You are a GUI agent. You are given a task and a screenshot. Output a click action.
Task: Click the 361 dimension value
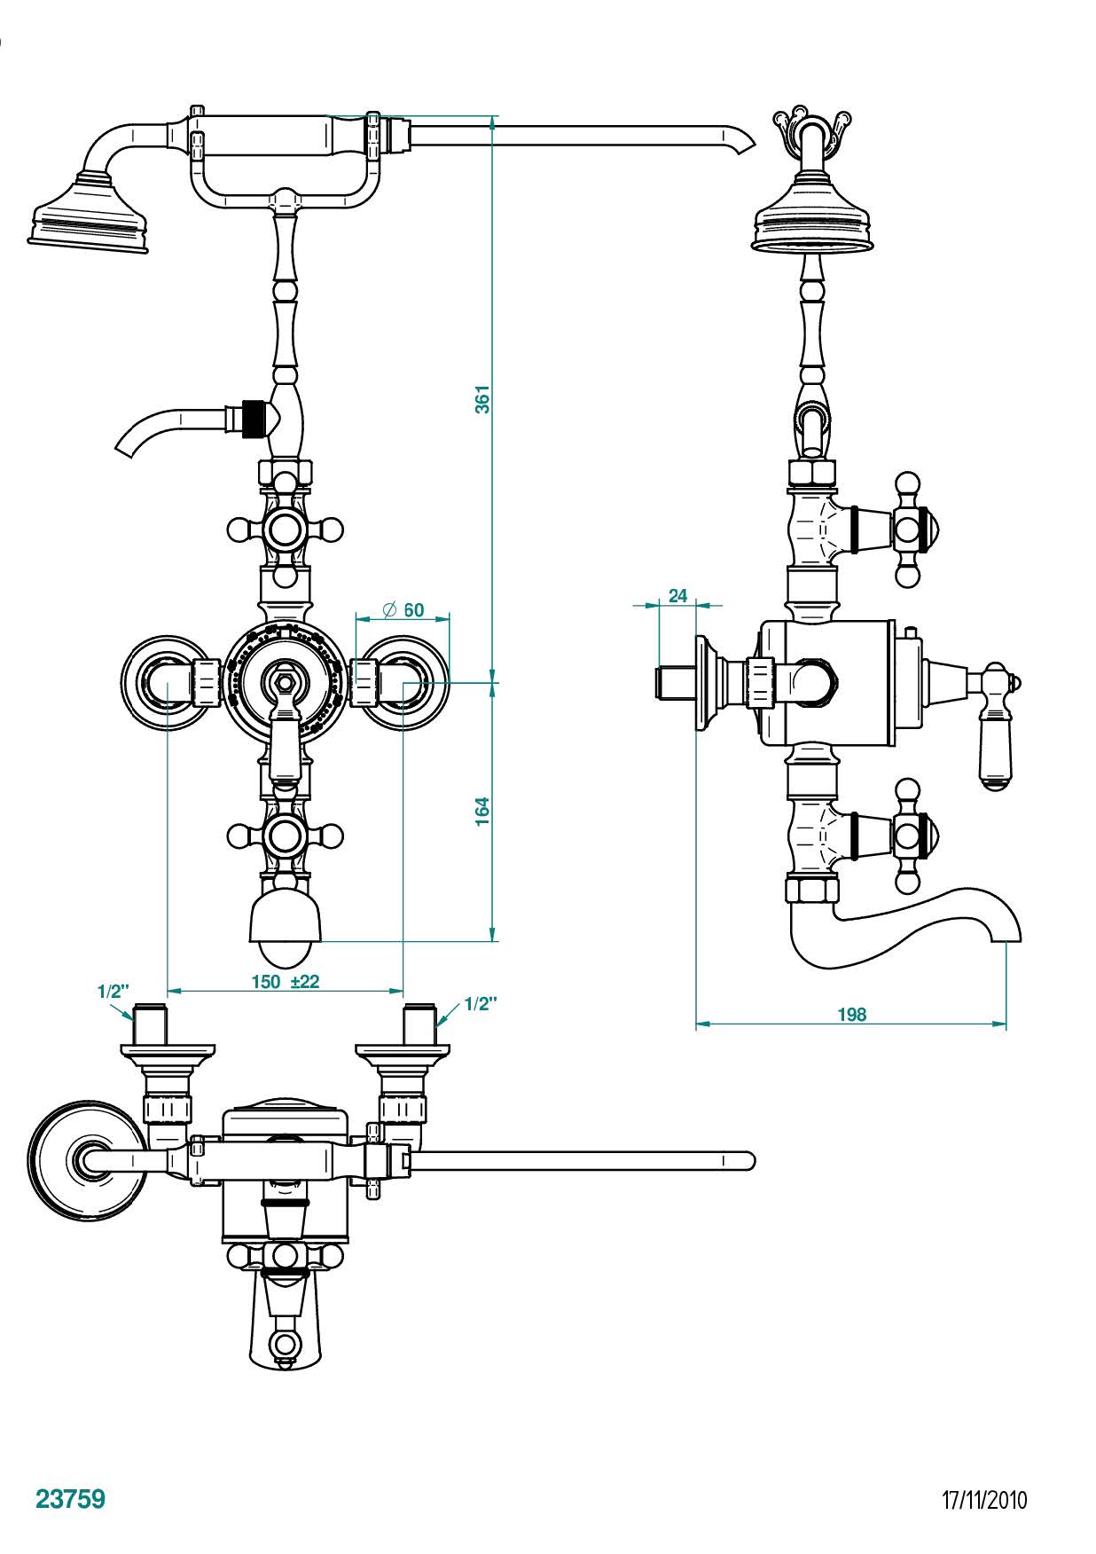coord(482,399)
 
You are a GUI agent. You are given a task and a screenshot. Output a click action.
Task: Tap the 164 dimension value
coord(482,812)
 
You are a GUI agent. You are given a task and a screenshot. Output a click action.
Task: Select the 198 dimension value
coord(851,1014)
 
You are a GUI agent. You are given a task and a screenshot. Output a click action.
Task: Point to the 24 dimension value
coord(677,596)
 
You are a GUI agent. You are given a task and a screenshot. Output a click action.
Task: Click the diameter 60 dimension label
coord(403,610)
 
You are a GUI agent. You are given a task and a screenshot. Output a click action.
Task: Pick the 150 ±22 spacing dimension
coord(285,981)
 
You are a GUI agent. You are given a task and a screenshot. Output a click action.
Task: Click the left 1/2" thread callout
coord(113,991)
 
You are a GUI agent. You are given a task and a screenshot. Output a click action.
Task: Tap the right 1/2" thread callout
coord(481,1003)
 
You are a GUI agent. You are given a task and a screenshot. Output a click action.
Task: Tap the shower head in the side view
coord(815,218)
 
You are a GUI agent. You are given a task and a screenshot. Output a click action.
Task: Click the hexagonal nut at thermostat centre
coord(285,683)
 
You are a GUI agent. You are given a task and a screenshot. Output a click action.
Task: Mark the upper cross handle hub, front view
coord(285,530)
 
